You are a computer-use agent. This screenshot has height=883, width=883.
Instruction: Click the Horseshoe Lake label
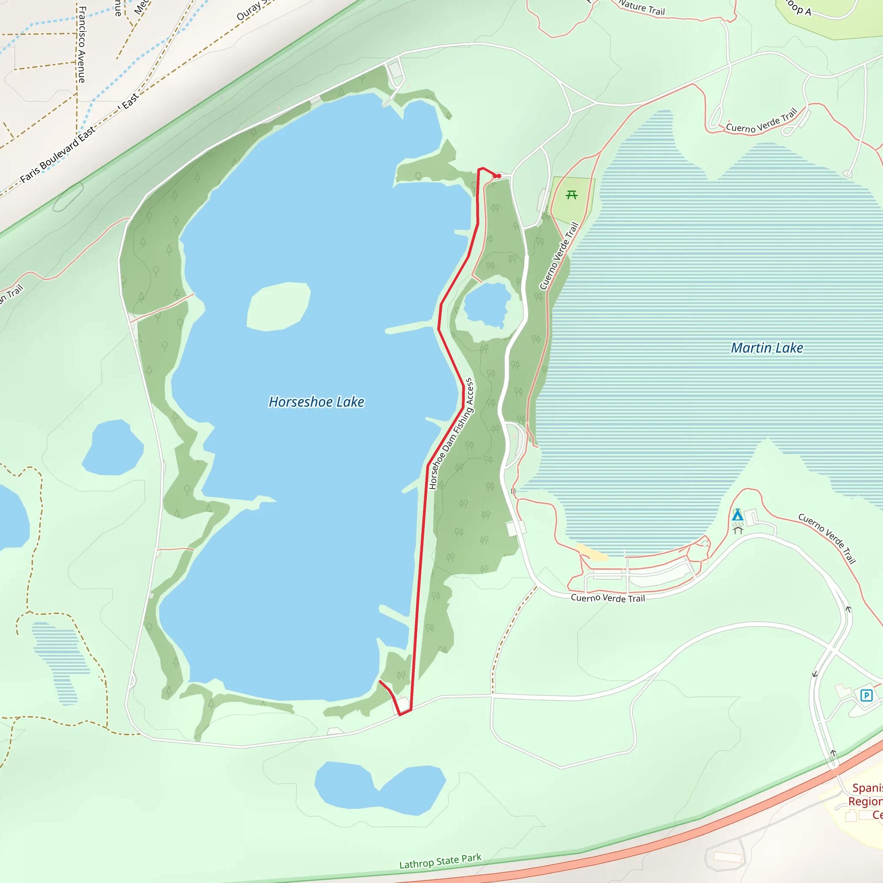pos(316,402)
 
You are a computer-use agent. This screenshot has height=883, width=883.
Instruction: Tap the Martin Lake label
pos(767,348)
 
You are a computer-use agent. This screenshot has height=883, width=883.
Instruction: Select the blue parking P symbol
pos(866,695)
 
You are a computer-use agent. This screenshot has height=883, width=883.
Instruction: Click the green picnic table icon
pos(571,195)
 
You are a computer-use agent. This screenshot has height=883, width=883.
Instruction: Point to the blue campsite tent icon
pos(737,515)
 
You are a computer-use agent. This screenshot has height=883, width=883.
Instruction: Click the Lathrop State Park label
pos(440,861)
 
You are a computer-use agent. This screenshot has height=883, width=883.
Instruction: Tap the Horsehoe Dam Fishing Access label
pos(451,434)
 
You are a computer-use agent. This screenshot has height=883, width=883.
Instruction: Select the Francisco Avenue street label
pos(82,44)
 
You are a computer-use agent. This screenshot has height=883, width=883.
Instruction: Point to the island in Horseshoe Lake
pos(279,306)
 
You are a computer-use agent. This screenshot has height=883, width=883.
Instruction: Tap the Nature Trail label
pos(642,8)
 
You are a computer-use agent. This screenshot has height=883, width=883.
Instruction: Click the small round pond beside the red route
pos(487,304)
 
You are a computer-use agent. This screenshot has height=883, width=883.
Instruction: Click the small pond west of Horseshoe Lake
pos(113,448)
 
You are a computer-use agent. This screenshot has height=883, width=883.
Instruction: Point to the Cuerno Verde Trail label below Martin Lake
pos(607,598)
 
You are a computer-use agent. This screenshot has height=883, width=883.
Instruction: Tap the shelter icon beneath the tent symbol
pos(738,529)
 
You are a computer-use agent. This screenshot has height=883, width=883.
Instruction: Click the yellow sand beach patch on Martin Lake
pos(592,553)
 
